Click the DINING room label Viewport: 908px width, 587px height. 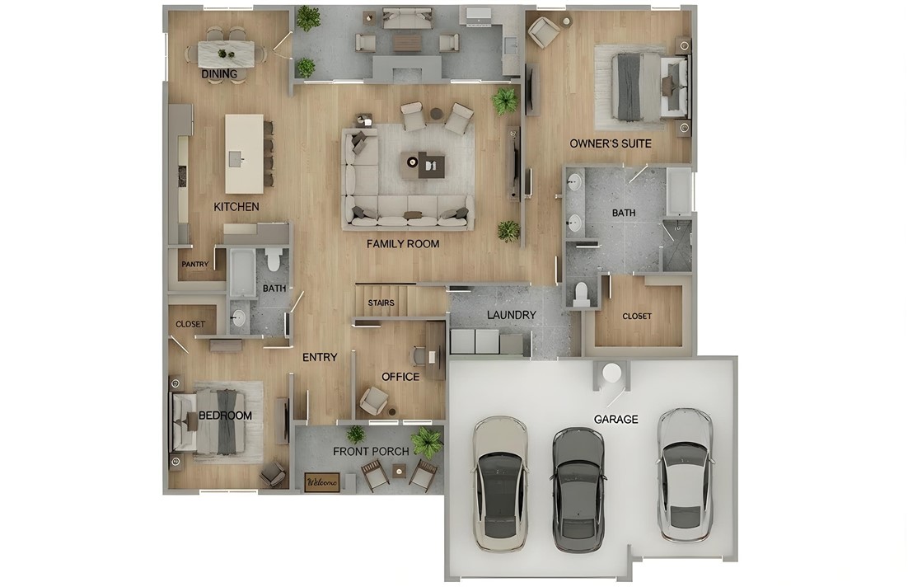click(x=219, y=74)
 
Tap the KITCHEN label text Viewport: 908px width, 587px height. click(x=236, y=207)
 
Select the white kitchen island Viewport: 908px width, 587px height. click(x=244, y=153)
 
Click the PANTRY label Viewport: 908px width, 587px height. click(x=195, y=265)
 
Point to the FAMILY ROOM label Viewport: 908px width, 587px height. click(x=403, y=244)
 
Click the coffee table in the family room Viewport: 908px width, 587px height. click(x=423, y=165)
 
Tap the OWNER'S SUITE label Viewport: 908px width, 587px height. click(x=611, y=144)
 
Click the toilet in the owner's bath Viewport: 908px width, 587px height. click(x=582, y=294)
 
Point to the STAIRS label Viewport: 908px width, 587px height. click(x=381, y=303)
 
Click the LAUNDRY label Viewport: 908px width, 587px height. click(x=511, y=315)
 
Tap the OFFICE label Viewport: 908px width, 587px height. click(x=400, y=377)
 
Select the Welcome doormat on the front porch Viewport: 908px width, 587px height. click(x=322, y=482)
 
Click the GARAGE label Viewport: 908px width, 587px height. click(x=615, y=420)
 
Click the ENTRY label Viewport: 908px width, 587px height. click(x=320, y=357)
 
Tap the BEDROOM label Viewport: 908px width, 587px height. click(x=225, y=416)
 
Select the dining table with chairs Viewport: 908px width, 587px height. click(x=226, y=53)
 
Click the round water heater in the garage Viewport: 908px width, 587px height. click(x=611, y=373)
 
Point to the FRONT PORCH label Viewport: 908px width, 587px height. click(x=371, y=452)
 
